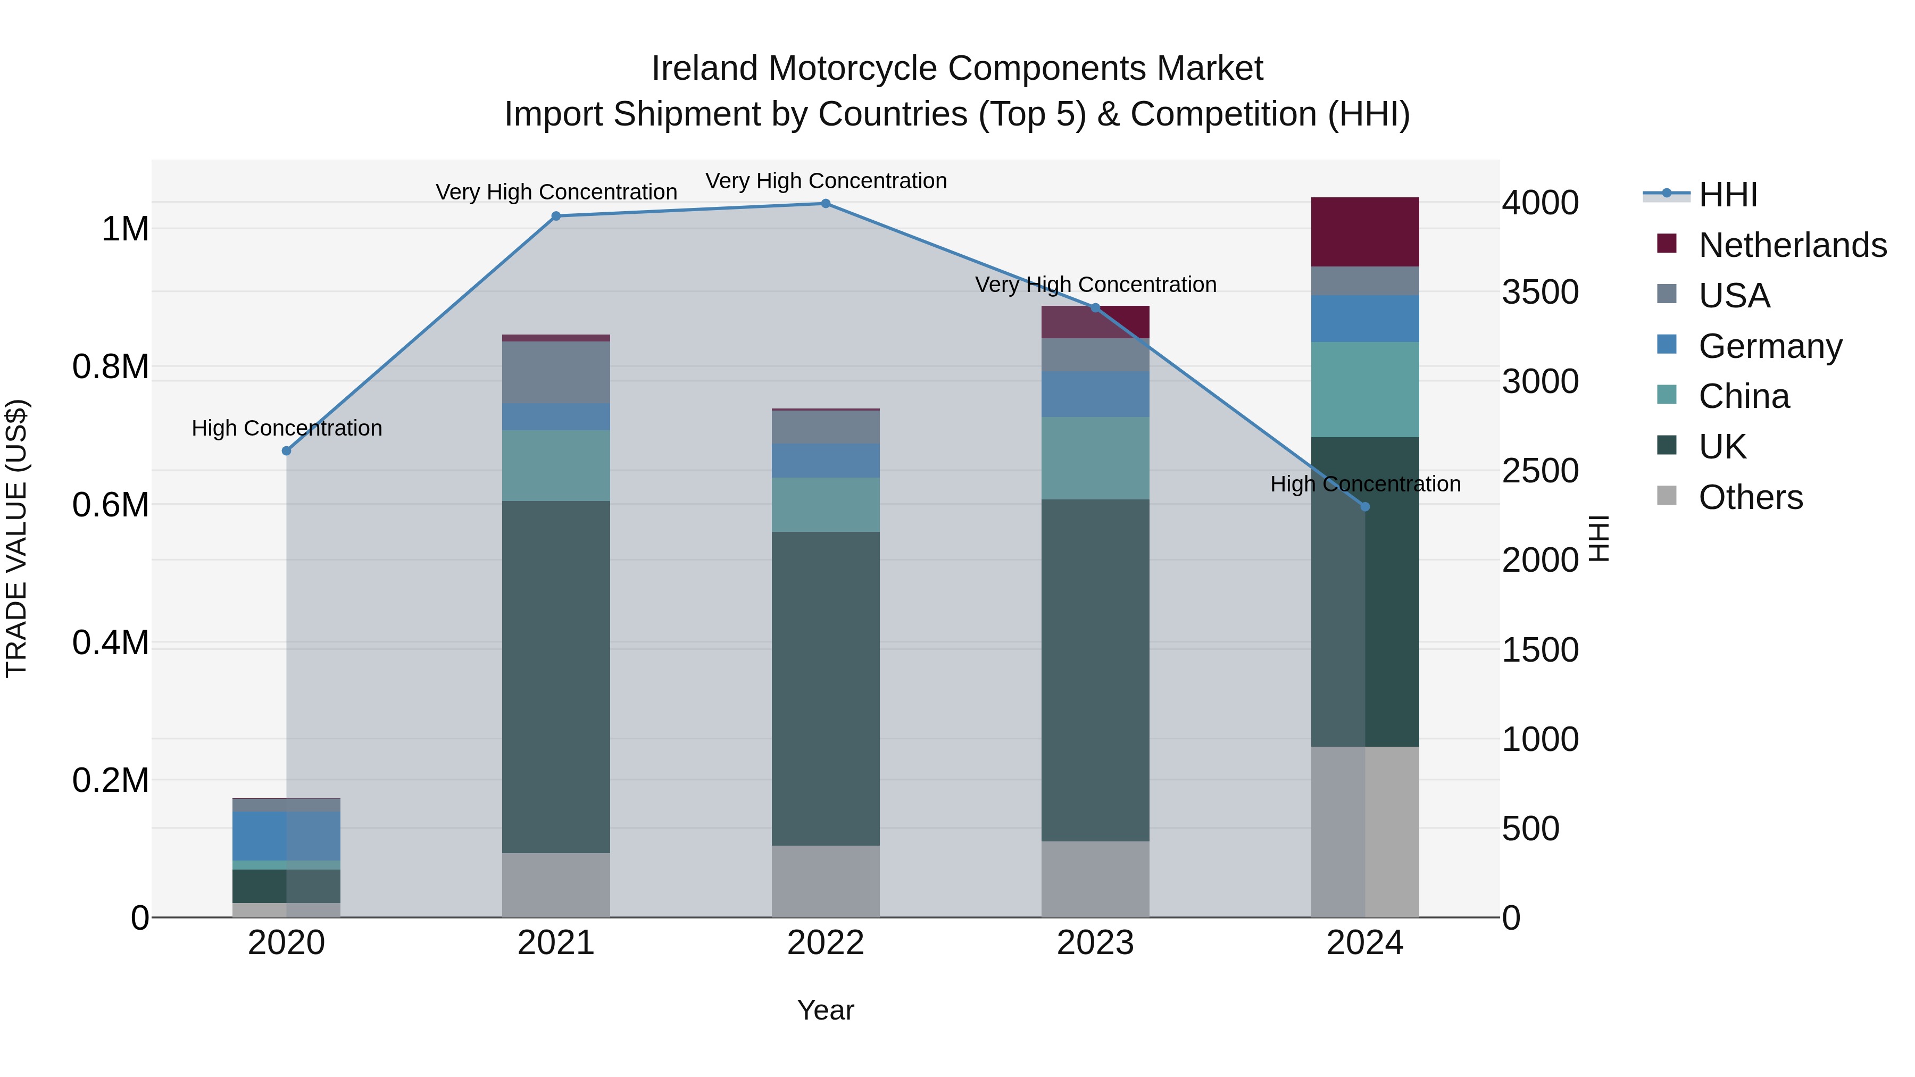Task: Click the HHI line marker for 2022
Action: pos(825,204)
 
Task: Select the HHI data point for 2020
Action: pos(286,450)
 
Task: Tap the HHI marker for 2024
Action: pos(1365,507)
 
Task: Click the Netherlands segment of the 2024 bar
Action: pos(1365,231)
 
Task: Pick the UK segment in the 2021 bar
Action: pos(556,677)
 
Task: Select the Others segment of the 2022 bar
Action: pos(825,881)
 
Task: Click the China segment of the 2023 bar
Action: pos(1095,458)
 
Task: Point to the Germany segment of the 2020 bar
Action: pos(286,836)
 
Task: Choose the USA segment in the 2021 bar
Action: pos(556,372)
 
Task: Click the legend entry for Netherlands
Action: pos(1792,245)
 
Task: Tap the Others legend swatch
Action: pos(1667,496)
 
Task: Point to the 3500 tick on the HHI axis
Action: pos(1541,292)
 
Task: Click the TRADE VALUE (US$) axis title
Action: pos(16,538)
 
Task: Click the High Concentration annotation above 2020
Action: pos(286,428)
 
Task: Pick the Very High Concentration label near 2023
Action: pos(1095,285)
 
